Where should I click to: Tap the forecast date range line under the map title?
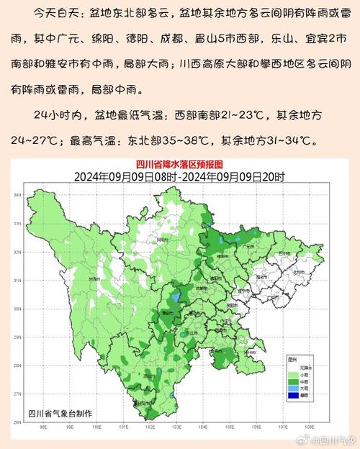[x=179, y=176]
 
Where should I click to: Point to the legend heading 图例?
[x=292, y=357]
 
